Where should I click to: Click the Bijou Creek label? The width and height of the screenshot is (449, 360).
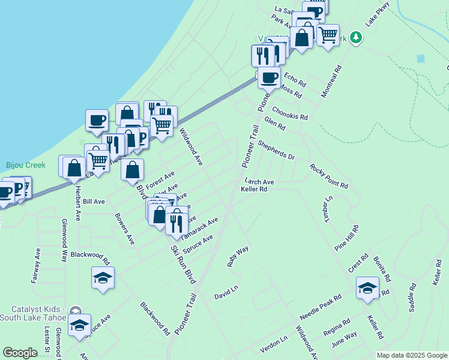coord(22,164)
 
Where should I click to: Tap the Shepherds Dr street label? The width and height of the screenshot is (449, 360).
coord(276,151)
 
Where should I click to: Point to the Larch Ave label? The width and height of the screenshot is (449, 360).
coord(259,181)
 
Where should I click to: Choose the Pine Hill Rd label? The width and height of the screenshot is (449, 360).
coord(347,238)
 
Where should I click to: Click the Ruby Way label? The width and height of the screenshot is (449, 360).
coord(238,256)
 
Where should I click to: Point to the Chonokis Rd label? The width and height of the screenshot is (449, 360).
coord(290,113)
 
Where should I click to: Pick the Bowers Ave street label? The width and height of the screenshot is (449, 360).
coord(125,228)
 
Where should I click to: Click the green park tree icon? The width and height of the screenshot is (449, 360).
coord(357,38)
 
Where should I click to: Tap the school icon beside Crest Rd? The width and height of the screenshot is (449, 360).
coord(367,288)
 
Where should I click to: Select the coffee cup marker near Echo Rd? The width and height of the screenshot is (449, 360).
coord(269,77)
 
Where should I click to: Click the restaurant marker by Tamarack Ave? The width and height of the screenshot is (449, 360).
coord(176,222)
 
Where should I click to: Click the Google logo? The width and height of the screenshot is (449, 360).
coord(20,353)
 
